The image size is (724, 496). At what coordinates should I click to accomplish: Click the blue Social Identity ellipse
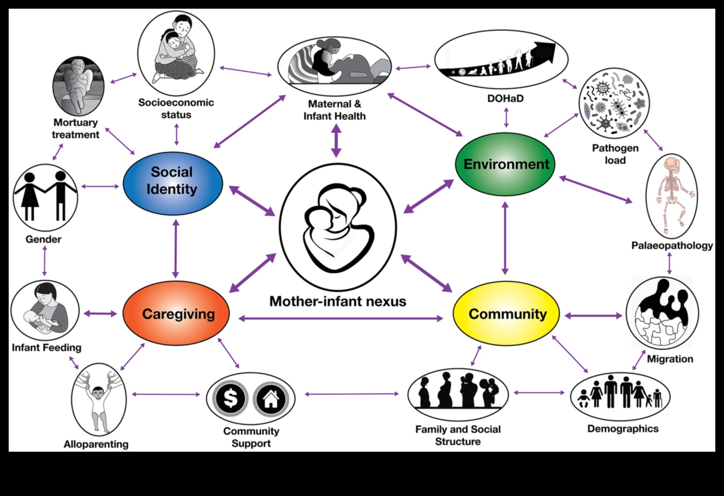pyautogui.click(x=173, y=183)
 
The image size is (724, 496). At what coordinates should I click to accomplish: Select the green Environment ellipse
pyautogui.click(x=505, y=164)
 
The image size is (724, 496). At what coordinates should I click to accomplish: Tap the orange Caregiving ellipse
pyautogui.click(x=176, y=314)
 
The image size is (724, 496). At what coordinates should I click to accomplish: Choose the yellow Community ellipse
pyautogui.click(x=506, y=314)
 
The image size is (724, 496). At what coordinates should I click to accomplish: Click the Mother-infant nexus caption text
pyautogui.click(x=337, y=301)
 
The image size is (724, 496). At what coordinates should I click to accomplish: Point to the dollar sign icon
pyautogui.click(x=230, y=398)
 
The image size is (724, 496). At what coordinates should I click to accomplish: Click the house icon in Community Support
pyautogui.click(x=270, y=398)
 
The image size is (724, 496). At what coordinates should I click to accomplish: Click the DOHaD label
pyautogui.click(x=505, y=99)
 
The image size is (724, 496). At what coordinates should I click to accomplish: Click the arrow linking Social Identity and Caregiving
pyautogui.click(x=176, y=248)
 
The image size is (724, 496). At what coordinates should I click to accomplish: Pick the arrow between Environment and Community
pyautogui.click(x=505, y=238)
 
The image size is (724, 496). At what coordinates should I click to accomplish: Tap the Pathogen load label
pyautogui.click(x=615, y=154)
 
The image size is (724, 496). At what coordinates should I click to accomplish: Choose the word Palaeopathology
pyautogui.click(x=672, y=246)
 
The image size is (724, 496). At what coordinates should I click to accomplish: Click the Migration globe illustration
pyautogui.click(x=662, y=312)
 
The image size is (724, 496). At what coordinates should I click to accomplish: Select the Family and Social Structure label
pyautogui.click(x=458, y=435)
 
